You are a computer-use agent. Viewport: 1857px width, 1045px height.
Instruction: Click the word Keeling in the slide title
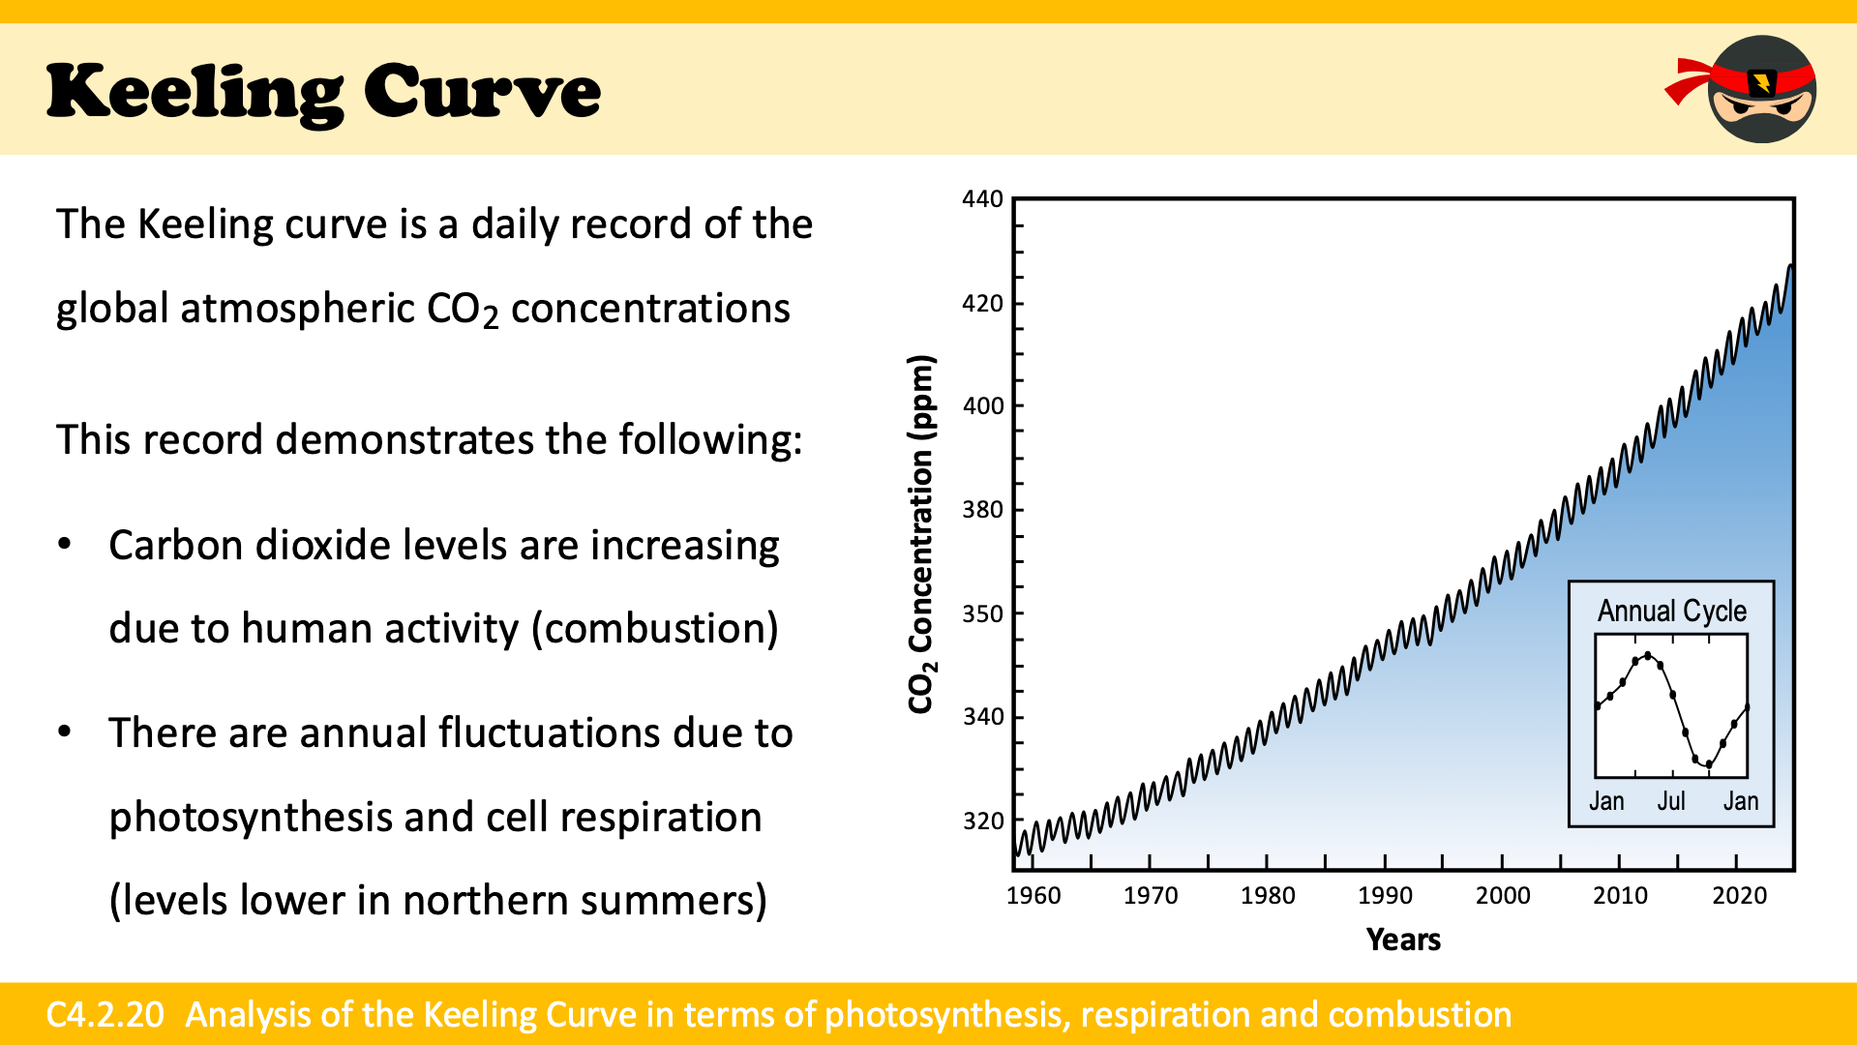click(194, 92)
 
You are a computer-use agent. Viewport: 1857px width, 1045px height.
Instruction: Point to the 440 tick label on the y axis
click(982, 199)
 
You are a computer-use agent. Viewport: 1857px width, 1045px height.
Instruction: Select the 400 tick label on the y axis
click(982, 406)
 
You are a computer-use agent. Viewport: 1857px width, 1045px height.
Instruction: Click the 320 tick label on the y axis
click(982, 821)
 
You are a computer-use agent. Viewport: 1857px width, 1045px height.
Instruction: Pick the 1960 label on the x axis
click(1033, 896)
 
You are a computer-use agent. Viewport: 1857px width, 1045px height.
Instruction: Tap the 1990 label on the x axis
click(1385, 896)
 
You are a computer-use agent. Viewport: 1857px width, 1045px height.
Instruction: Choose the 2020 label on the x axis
click(1739, 896)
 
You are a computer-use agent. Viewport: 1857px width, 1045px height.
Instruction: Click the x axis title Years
click(1403, 940)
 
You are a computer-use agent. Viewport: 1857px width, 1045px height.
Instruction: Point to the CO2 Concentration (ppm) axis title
click(921, 534)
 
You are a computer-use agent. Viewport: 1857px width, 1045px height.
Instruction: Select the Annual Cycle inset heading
click(1671, 612)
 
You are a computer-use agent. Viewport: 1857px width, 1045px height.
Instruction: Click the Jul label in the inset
click(1671, 801)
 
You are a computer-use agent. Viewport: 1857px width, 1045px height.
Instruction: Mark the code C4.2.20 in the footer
click(105, 1014)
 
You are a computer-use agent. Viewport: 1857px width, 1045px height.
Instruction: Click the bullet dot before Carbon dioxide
click(65, 544)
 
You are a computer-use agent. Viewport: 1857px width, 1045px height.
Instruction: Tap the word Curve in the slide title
click(482, 92)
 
